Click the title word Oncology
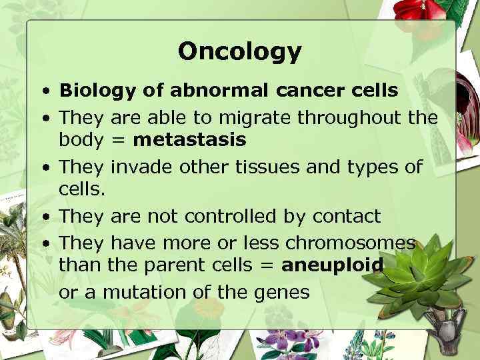tap(240, 51)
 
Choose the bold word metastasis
tap(190, 141)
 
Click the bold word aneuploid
tap(333, 266)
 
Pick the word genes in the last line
tap(284, 293)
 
